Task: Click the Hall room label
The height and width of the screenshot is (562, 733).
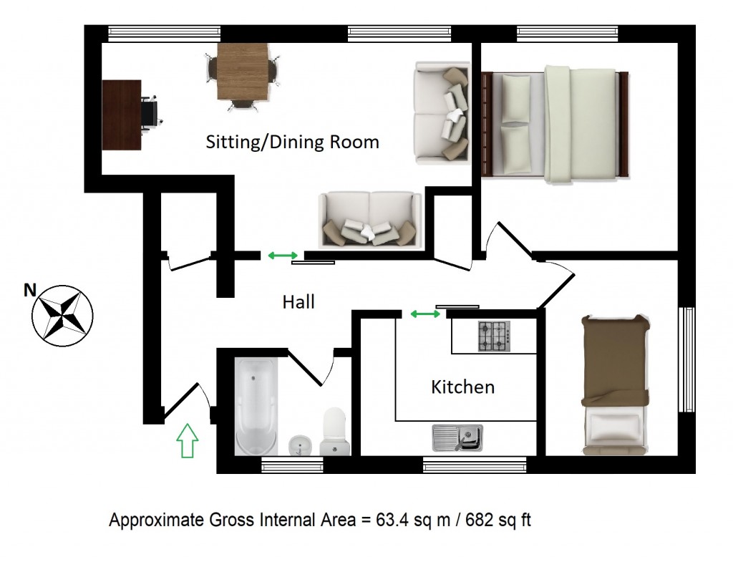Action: (x=298, y=302)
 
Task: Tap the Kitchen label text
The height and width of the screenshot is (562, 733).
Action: (x=463, y=387)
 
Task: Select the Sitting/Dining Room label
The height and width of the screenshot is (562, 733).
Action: (x=292, y=142)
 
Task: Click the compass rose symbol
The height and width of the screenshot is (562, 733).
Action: (x=63, y=316)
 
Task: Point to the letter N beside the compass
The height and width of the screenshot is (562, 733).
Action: (x=30, y=291)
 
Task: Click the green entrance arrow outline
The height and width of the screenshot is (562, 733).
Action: (x=187, y=440)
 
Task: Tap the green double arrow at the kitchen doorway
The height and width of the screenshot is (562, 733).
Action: (x=425, y=314)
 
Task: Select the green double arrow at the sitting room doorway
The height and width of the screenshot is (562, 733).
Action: (x=283, y=256)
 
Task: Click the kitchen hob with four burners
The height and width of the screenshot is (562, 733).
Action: (x=494, y=336)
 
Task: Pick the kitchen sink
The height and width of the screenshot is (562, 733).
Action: (x=457, y=438)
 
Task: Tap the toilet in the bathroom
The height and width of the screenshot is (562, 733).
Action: (x=335, y=431)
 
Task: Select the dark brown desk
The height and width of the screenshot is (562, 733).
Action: (x=122, y=115)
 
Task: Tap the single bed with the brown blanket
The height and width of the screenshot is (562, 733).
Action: (x=615, y=384)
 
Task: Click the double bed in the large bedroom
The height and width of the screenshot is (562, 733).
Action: (x=555, y=125)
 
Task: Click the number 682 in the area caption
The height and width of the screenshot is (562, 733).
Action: (x=479, y=520)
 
